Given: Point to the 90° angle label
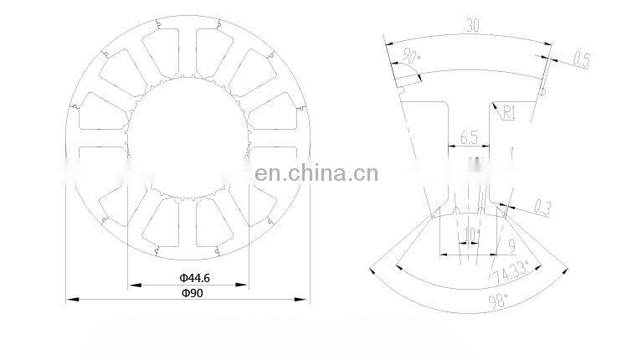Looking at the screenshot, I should tap(411, 56).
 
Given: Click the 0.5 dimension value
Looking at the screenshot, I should tap(581, 59).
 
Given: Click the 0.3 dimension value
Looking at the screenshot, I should tap(542, 208).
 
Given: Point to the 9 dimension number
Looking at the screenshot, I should tap(511, 246).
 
